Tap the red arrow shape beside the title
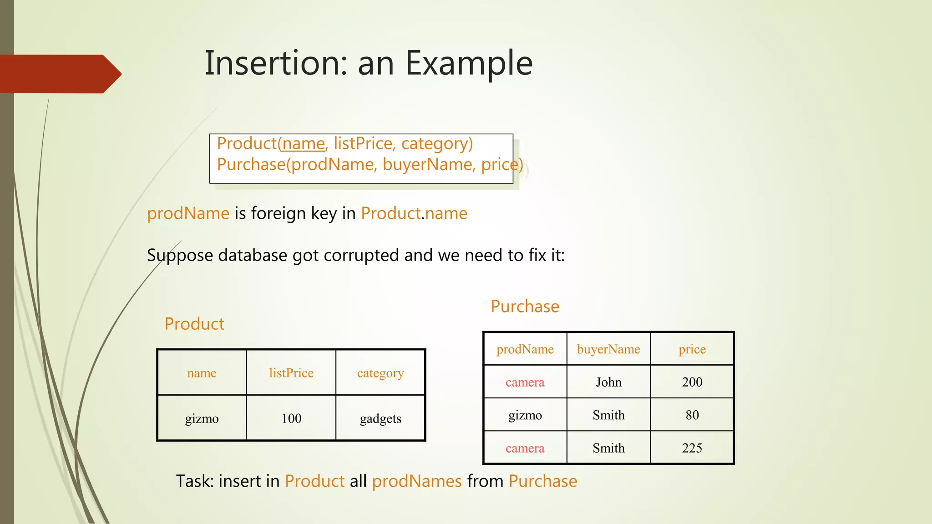pyautogui.click(x=59, y=74)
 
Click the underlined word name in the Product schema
pyautogui.click(x=303, y=144)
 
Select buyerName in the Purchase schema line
pyautogui.click(x=427, y=165)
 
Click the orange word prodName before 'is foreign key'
pyautogui.click(x=188, y=213)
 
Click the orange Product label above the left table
pyautogui.click(x=194, y=324)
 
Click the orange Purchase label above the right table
pyautogui.click(x=525, y=307)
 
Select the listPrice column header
pyautogui.click(x=291, y=373)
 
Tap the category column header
pyautogui.click(x=380, y=373)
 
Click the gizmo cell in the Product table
pyautogui.click(x=202, y=418)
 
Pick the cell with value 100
pyautogui.click(x=291, y=418)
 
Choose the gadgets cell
pyautogui.click(x=380, y=418)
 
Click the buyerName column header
pyautogui.click(x=608, y=349)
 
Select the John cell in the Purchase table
pyautogui.click(x=608, y=382)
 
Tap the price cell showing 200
pyautogui.click(x=692, y=382)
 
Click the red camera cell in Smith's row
pyautogui.click(x=525, y=448)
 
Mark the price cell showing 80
pyautogui.click(x=692, y=415)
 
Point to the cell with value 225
pyautogui.click(x=692, y=448)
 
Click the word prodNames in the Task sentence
pyautogui.click(x=417, y=481)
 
